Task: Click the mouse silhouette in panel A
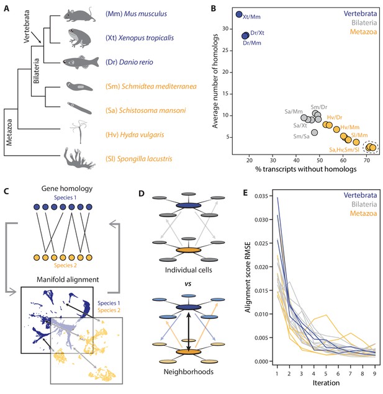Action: click(x=79, y=15)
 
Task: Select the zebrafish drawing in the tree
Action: click(x=81, y=62)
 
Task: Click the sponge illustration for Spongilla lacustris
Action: click(x=79, y=158)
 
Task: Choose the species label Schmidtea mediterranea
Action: click(x=151, y=86)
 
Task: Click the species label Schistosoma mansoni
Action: click(x=145, y=110)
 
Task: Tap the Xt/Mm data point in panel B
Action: click(x=239, y=14)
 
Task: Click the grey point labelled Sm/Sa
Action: click(x=314, y=132)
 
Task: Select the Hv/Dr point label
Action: click(x=335, y=117)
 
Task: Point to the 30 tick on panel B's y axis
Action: click(x=225, y=29)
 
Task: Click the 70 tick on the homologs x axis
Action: click(x=367, y=160)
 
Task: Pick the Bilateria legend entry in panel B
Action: click(x=364, y=23)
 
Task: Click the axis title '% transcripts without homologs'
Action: click(x=306, y=169)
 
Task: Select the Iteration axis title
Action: click(x=326, y=383)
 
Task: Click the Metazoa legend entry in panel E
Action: click(x=363, y=213)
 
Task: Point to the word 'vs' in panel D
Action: click(x=188, y=284)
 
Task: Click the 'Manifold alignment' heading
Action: click(x=68, y=279)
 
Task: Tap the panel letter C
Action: click(x=6, y=192)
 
